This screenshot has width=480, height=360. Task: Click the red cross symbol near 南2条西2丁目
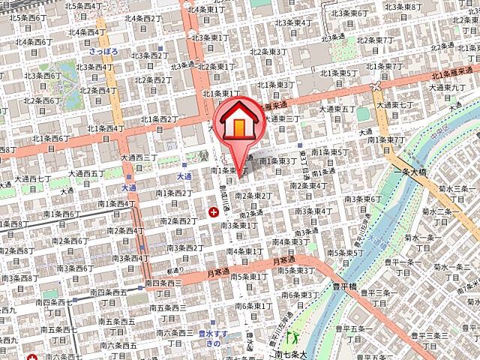pos(214,213)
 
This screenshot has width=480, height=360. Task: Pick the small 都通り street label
pos(175,271)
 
